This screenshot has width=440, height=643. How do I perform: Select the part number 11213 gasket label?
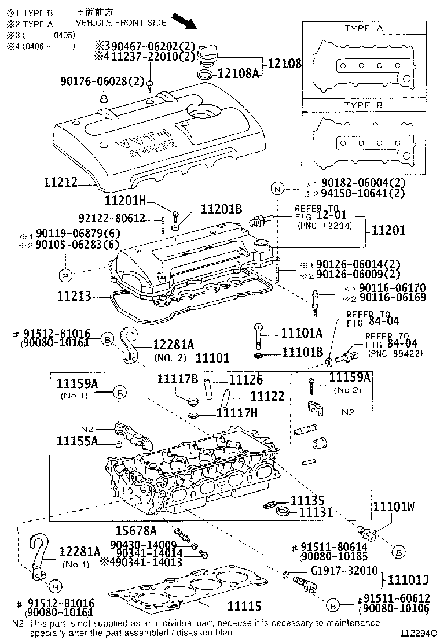(x=74, y=297)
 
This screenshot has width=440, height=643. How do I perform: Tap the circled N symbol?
(x=277, y=189)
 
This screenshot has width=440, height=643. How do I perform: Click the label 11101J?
(x=408, y=578)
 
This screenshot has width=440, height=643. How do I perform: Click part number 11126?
(x=246, y=380)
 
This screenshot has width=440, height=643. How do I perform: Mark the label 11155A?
(x=77, y=441)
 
